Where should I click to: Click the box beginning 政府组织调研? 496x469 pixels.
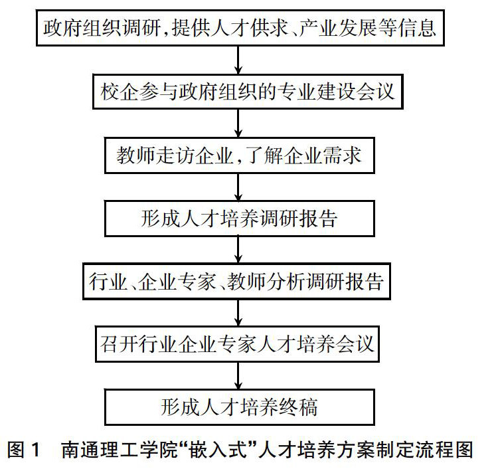point(239,29)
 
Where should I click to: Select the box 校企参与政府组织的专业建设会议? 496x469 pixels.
point(239,91)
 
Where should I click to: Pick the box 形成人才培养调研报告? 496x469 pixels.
point(239,219)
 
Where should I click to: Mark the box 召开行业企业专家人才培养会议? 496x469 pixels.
point(239,344)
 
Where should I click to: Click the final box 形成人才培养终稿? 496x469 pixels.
point(239,407)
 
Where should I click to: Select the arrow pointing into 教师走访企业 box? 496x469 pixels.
point(239,123)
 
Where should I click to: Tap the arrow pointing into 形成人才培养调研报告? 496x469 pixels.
point(239,187)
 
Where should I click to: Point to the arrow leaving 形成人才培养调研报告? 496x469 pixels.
point(239,250)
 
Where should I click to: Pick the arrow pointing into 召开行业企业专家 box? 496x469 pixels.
point(239,313)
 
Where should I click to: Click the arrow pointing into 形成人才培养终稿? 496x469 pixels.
point(239,376)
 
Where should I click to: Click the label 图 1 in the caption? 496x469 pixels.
point(25,450)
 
